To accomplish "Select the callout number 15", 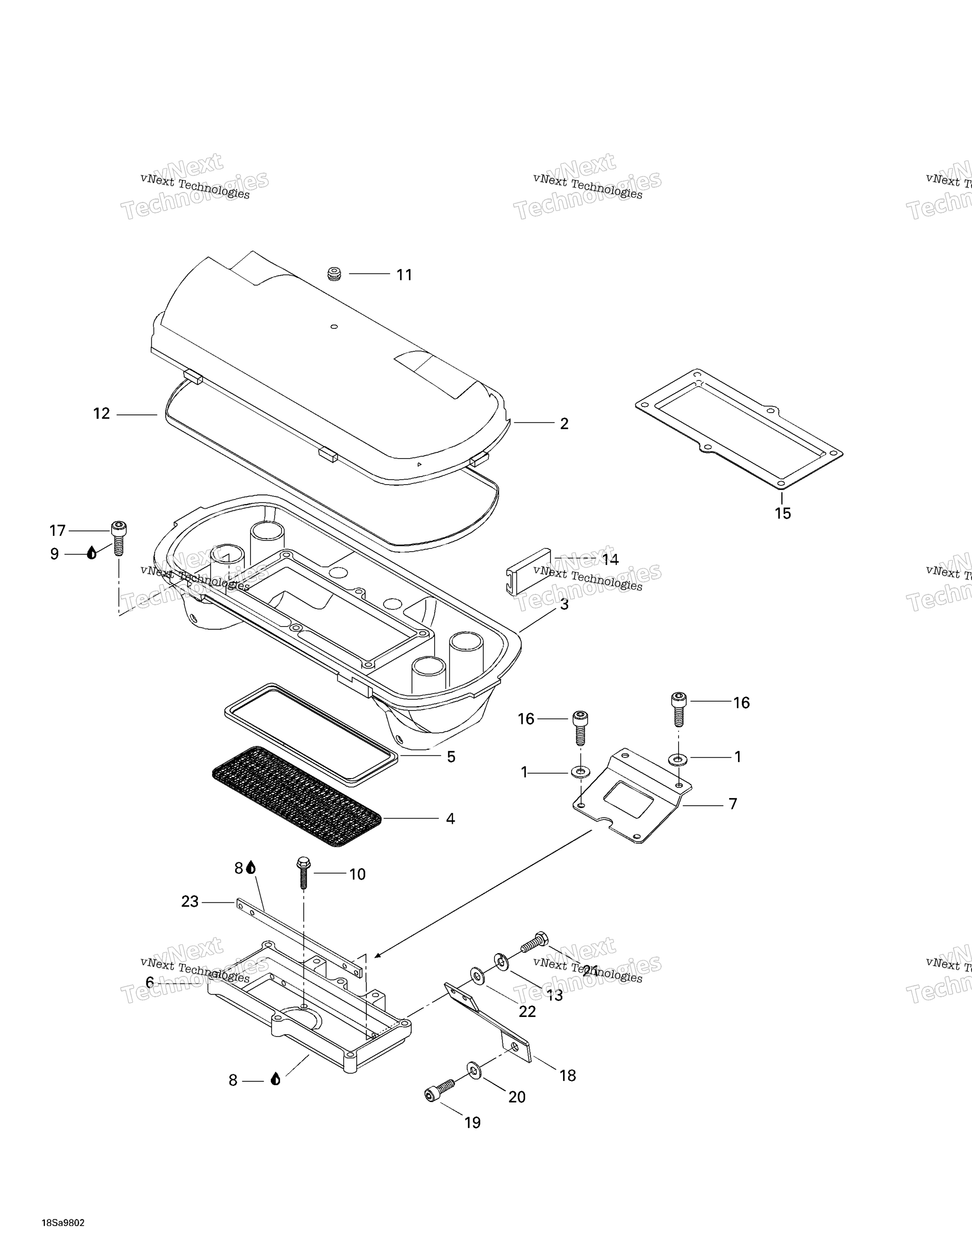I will [x=783, y=513].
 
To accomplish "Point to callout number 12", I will [x=101, y=414].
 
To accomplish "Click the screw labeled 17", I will [x=119, y=538].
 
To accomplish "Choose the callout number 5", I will [x=451, y=757].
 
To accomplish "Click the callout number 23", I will [x=190, y=901].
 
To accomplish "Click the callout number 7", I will [x=733, y=804].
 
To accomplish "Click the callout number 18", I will [x=568, y=1075].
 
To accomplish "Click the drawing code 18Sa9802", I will [x=63, y=1235].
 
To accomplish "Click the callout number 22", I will [x=528, y=1012].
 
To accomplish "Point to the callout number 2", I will [x=564, y=424].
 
